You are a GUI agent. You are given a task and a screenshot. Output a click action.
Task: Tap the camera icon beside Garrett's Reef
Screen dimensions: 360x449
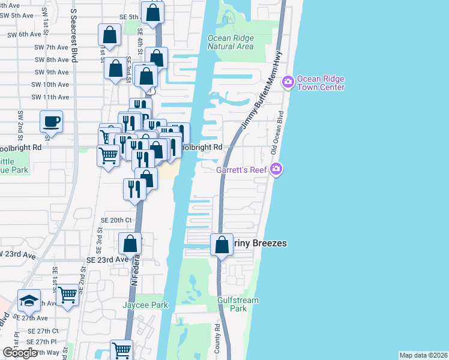tap(276, 170)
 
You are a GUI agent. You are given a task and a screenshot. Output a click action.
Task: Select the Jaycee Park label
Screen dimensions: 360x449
tap(145, 305)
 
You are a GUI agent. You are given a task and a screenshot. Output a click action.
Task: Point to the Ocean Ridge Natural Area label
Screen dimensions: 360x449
tap(231, 42)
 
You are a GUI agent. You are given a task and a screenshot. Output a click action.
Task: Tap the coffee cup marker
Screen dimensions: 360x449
tap(51, 122)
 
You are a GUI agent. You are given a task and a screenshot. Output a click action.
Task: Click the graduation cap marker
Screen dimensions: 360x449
tap(29, 300)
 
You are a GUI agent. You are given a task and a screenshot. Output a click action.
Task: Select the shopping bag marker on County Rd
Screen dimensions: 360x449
tap(222, 245)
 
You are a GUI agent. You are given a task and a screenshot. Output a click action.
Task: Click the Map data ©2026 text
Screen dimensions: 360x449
tap(423, 355)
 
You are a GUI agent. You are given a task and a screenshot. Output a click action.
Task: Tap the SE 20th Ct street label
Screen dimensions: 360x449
tap(116, 220)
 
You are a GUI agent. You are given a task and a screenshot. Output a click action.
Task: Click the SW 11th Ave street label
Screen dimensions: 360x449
tap(51, 97)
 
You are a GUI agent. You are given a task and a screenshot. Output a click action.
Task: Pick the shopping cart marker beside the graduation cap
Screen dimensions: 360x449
tap(68, 295)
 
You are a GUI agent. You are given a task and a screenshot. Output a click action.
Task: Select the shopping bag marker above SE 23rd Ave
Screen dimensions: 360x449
tap(130, 244)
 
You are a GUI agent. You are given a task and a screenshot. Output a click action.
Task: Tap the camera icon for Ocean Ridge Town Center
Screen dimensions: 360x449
tap(288, 81)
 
